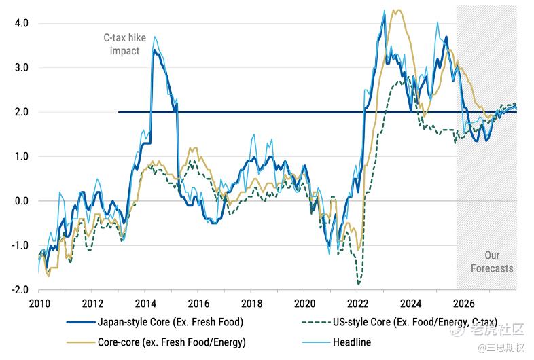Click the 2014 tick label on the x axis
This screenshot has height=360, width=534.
pos(145,303)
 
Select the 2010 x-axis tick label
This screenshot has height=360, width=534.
pos(39,303)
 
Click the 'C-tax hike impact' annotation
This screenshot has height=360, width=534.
pos(125,45)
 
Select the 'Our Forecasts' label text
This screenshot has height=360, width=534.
pos(492,262)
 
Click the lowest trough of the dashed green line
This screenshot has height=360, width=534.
pos(358,283)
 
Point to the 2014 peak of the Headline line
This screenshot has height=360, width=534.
pos(154,37)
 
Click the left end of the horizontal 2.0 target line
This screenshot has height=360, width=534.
pos(119,112)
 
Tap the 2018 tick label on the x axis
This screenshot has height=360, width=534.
pos(251,303)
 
